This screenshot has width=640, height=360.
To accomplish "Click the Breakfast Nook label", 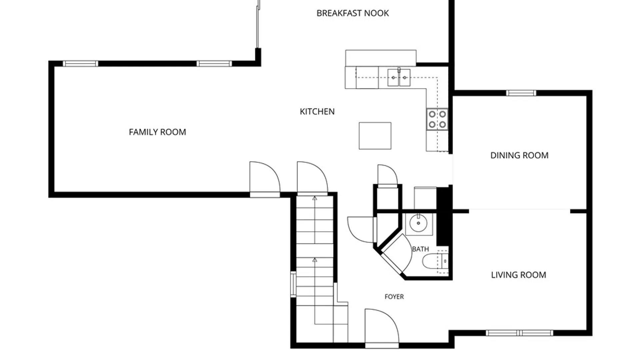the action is [353, 13].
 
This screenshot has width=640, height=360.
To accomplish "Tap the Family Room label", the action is [157, 132].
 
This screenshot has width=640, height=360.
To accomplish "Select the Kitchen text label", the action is [317, 112].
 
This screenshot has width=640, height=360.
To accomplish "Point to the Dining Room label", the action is [519, 155].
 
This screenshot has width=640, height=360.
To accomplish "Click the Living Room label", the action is [518, 275].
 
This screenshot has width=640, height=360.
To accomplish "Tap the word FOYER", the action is [394, 297].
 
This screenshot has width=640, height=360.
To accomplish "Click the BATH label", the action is [420, 249].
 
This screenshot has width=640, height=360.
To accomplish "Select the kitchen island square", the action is [375, 136].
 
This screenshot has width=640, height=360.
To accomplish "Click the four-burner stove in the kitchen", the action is [437, 119].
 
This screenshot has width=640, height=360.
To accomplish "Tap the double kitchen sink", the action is [399, 77].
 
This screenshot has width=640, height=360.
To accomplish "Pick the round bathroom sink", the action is [418, 223].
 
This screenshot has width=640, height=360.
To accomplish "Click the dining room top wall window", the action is [521, 93].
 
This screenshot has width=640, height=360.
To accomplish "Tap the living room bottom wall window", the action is [519, 333].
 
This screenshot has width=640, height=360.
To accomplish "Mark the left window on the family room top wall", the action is [80, 64].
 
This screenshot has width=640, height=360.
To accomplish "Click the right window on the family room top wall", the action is [214, 64].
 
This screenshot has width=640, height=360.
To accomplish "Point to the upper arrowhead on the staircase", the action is [315, 198].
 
